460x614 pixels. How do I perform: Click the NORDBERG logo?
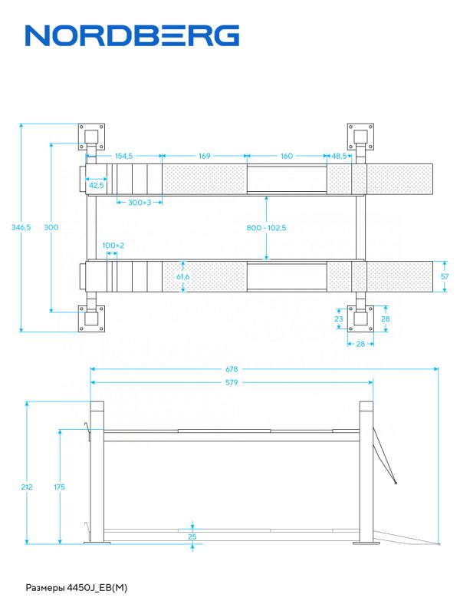132,35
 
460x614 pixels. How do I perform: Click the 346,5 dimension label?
21,227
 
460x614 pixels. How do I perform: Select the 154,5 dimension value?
123,156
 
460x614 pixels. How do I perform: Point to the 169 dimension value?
204,156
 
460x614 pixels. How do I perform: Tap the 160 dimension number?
286,156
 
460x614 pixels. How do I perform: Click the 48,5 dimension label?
339,156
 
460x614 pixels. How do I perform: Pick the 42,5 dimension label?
97,185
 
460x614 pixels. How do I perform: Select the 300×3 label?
140,203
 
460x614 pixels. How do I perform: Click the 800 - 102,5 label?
266,227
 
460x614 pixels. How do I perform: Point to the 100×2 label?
113,246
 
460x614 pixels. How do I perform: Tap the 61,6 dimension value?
182,277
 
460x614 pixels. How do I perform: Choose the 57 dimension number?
445,276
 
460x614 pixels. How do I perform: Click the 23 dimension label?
339,319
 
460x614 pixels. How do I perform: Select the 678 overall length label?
232,369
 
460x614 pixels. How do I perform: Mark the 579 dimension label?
232,382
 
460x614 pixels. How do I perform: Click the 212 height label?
27,487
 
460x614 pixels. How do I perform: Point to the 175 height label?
60,487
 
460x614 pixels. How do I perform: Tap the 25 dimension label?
192,536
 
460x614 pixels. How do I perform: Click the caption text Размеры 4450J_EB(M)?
77,588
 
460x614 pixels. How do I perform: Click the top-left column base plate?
91,137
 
